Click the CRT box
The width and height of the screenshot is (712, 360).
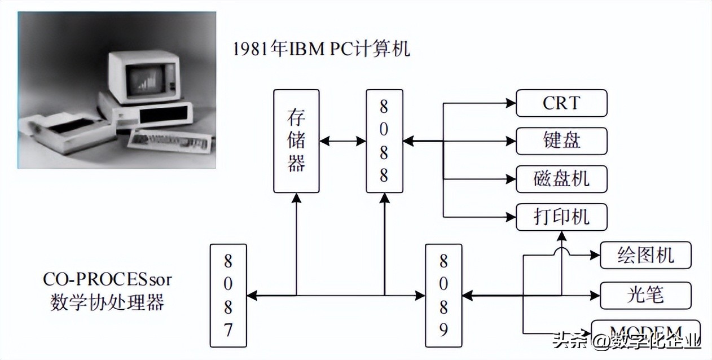coord(561,103)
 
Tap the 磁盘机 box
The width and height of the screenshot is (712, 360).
coord(561,178)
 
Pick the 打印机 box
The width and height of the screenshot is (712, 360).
coord(561,217)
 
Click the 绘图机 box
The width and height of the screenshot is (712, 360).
coord(645,255)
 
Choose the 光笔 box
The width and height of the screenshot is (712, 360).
coord(645,295)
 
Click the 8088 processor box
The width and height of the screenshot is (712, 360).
coord(384,141)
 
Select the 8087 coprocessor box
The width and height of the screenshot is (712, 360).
coord(228,295)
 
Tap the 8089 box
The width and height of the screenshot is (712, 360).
coord(443,295)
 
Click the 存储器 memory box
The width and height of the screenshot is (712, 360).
coord(296,141)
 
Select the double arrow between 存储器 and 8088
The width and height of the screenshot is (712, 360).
coord(342,141)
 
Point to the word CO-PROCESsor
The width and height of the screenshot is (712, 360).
coord(107,280)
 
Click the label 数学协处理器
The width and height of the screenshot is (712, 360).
coord(107,302)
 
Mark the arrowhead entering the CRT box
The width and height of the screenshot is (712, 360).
coord(511,103)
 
